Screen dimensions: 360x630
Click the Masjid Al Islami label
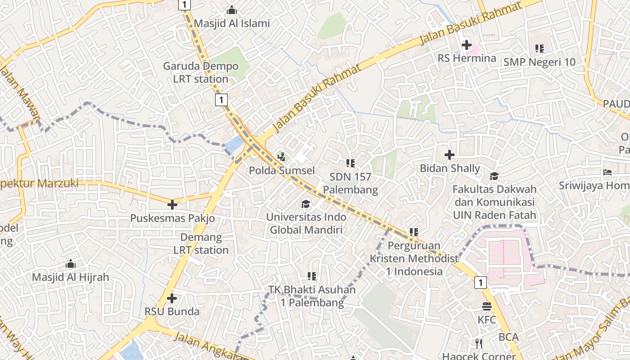(232, 23)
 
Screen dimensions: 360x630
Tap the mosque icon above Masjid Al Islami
(232, 9)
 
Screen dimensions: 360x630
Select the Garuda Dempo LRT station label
(201, 72)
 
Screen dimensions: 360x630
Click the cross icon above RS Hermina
(467, 45)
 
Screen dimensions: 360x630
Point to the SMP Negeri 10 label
(539, 62)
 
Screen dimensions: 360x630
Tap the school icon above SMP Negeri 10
(539, 48)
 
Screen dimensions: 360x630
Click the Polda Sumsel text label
(282, 171)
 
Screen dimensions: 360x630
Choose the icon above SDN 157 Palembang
(351, 163)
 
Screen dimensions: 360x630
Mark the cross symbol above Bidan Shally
(449, 155)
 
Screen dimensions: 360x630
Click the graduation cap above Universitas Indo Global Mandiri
(306, 204)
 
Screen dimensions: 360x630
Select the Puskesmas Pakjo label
(172, 218)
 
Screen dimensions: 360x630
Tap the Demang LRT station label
(201, 243)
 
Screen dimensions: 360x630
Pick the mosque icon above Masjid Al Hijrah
(71, 264)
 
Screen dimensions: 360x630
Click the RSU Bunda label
(171, 311)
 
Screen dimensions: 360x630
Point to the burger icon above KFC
(486, 307)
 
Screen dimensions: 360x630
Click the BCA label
(508, 337)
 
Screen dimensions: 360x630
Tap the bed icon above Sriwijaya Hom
(607, 172)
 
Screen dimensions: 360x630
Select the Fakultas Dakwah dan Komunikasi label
(495, 202)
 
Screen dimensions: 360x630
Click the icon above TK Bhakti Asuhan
(312, 276)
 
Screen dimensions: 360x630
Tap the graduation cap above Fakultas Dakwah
(495, 175)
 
